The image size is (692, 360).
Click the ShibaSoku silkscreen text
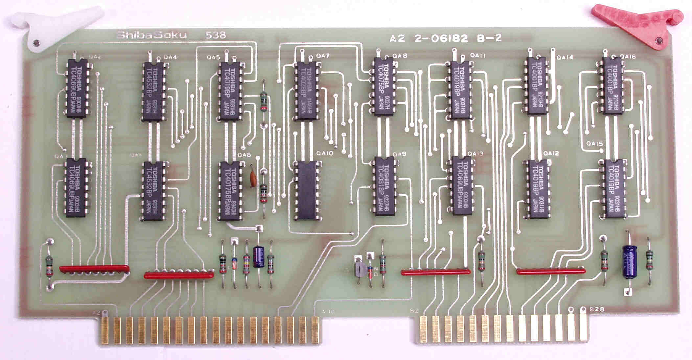point(151,35)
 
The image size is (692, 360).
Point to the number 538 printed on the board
point(215,35)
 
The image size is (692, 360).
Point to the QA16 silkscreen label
point(629,57)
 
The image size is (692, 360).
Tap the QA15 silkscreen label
point(595,143)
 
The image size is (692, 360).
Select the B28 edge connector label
point(597,309)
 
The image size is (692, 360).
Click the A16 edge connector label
point(328,311)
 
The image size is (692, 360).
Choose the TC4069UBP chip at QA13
point(462,186)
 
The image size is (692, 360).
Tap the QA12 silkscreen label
point(551,153)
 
